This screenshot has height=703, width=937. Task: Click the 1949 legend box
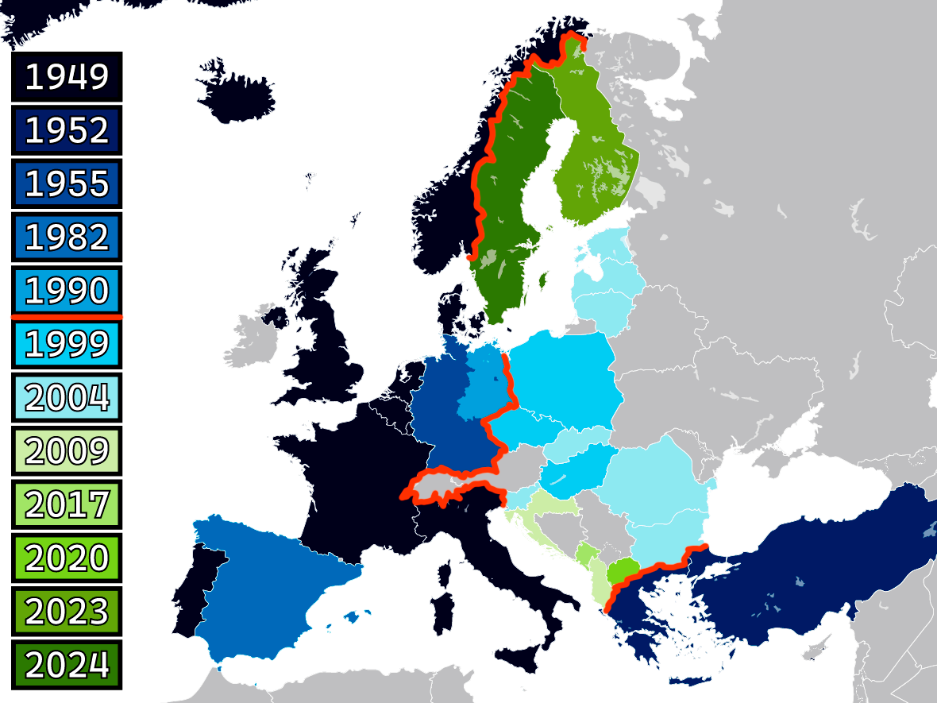click(x=67, y=77)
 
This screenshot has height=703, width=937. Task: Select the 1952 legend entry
click(x=67, y=130)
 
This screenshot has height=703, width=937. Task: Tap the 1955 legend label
click(x=67, y=183)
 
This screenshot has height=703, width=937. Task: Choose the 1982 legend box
click(x=67, y=237)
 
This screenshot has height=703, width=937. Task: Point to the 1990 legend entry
click(x=67, y=290)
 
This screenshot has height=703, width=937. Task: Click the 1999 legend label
click(x=67, y=344)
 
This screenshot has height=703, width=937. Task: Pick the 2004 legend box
click(x=67, y=397)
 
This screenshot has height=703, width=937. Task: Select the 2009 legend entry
click(x=67, y=450)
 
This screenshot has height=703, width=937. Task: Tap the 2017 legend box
click(x=67, y=504)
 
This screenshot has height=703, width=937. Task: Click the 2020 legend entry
click(x=67, y=558)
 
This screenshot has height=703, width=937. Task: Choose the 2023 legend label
click(x=67, y=611)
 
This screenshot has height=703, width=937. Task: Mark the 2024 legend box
click(x=67, y=664)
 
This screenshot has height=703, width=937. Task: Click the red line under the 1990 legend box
click(x=67, y=317)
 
